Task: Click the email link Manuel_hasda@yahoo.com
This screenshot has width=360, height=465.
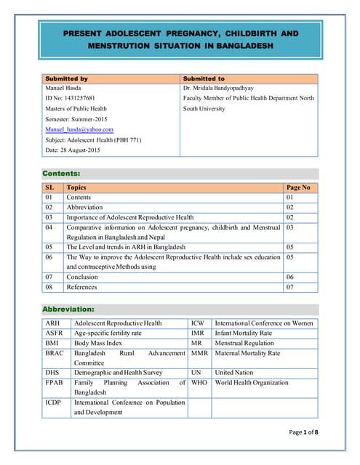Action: click(79, 129)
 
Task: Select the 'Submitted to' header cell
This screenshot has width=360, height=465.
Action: click(204, 78)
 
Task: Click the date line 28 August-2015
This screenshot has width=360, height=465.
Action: click(73, 150)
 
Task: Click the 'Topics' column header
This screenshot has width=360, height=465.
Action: click(76, 187)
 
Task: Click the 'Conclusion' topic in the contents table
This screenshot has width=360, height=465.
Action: click(82, 277)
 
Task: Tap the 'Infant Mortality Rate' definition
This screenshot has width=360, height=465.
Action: click(244, 333)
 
